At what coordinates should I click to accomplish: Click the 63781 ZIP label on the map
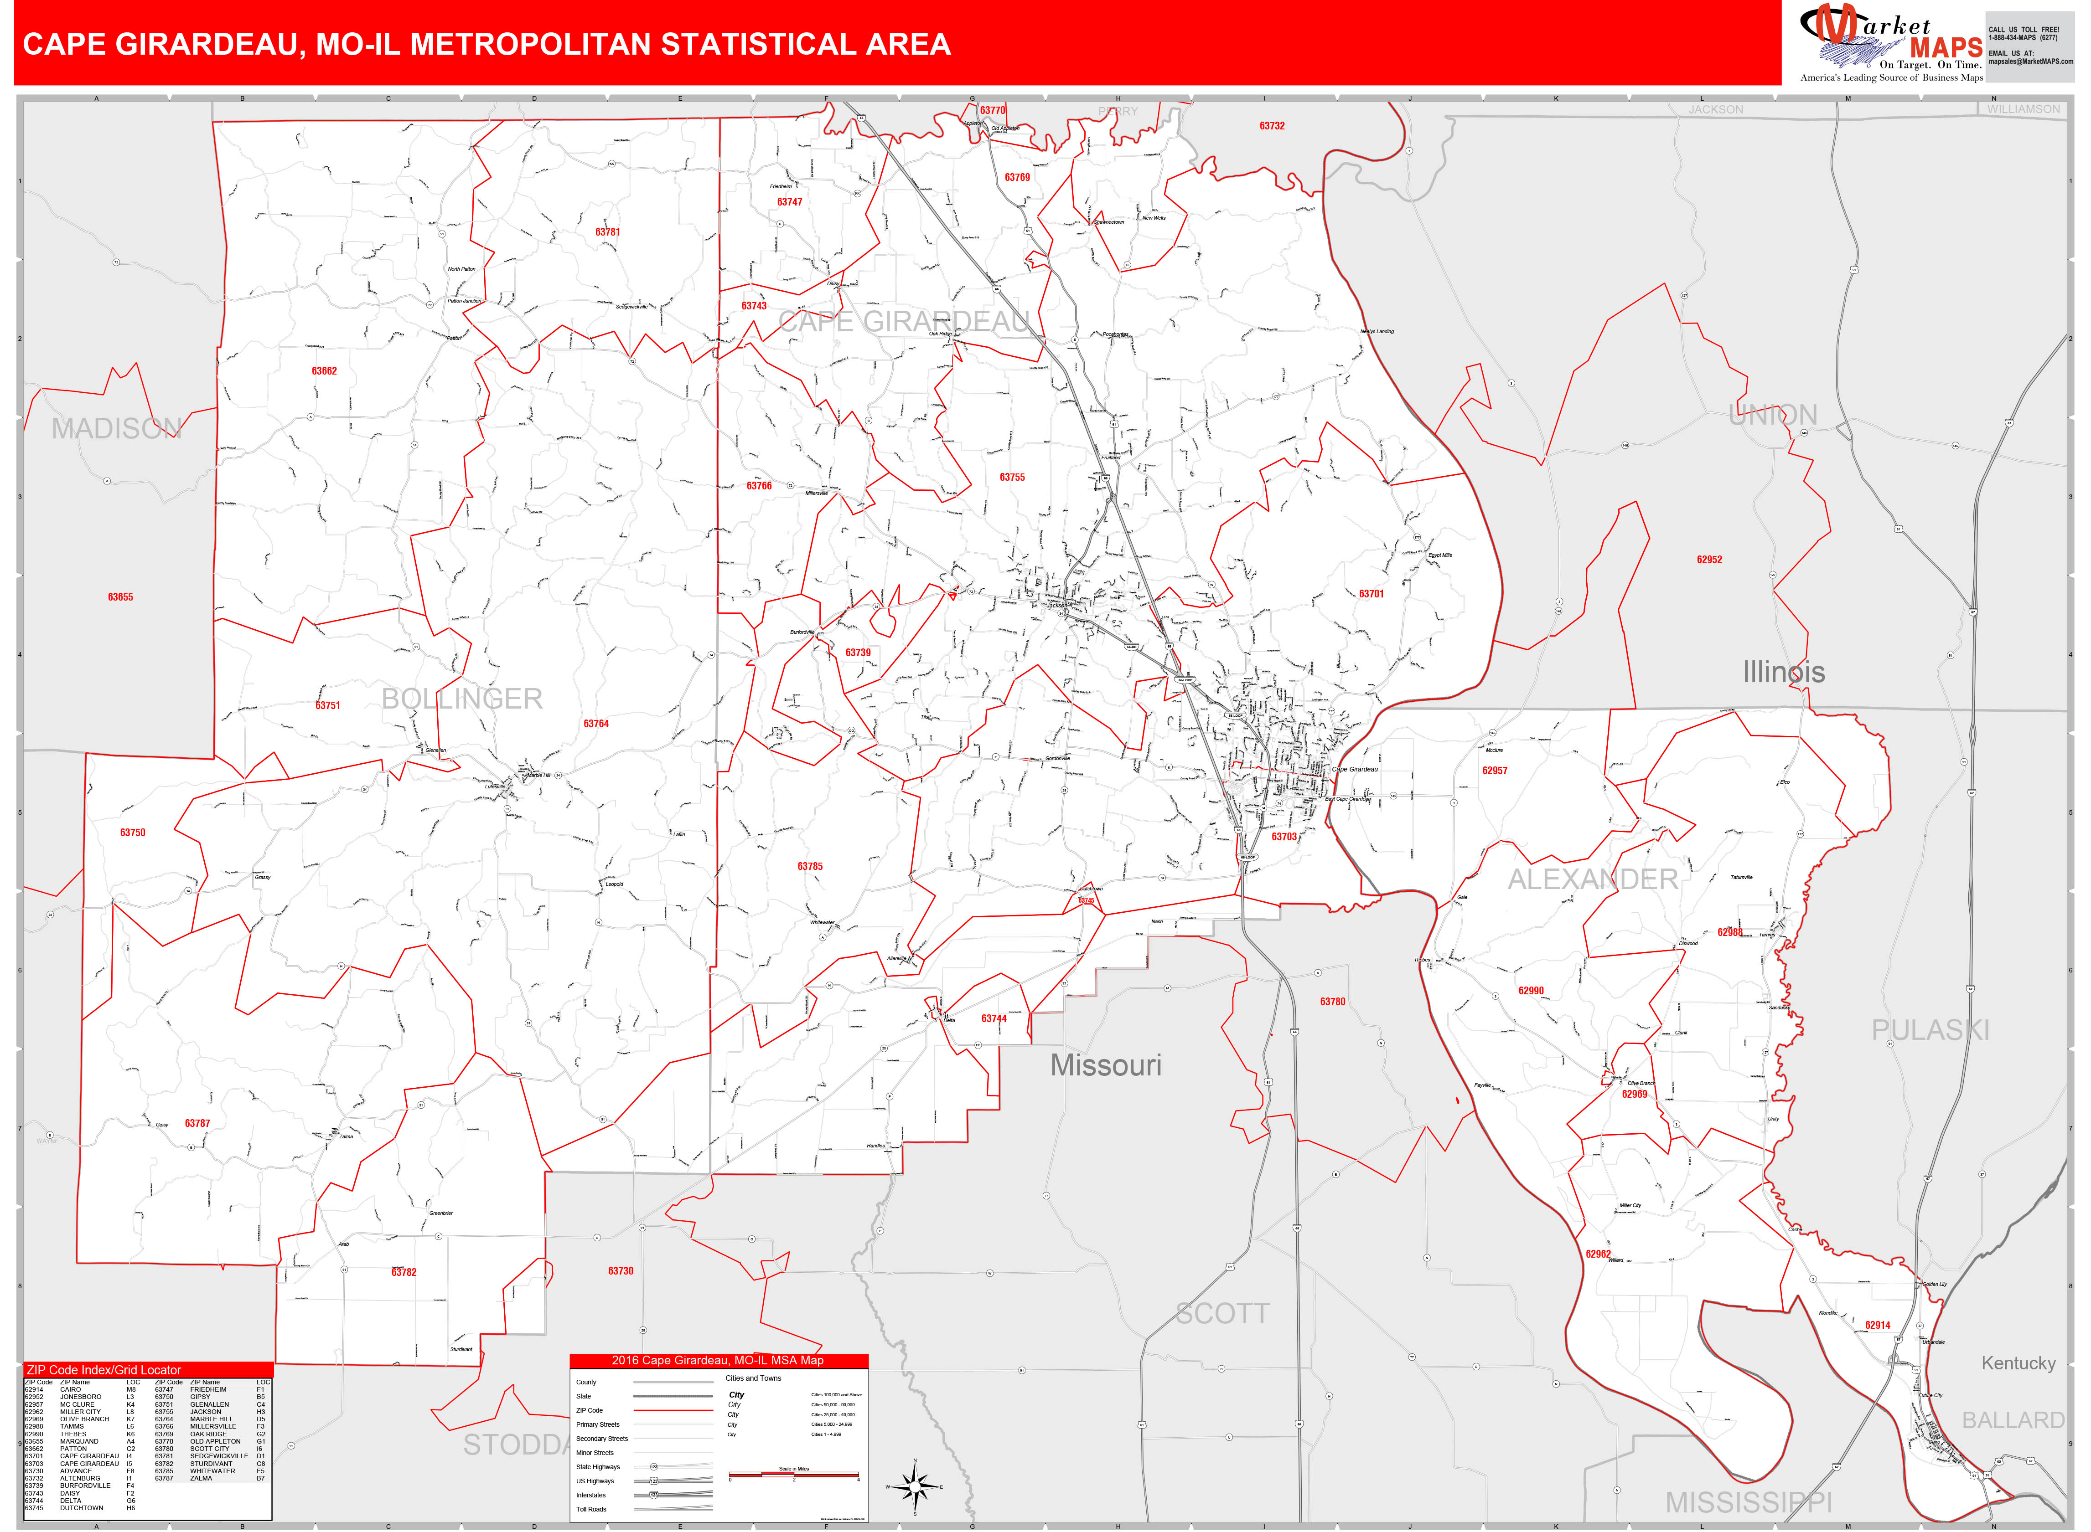coord(608,232)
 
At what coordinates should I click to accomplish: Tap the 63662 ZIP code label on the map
coord(324,371)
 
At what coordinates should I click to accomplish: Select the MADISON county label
coord(116,428)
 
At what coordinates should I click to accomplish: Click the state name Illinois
coord(1783,672)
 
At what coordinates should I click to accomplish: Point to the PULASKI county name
coord(1930,1030)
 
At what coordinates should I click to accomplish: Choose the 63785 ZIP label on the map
coord(810,866)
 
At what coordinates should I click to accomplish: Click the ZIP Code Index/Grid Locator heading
coord(104,1370)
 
